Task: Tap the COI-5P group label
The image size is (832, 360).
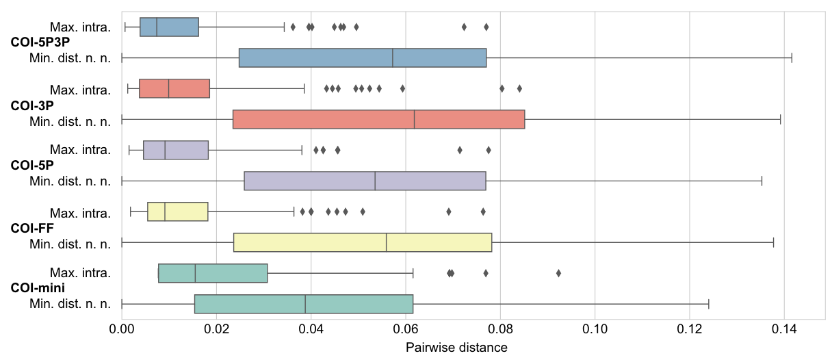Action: (32, 166)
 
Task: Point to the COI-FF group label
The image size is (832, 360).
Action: (32, 227)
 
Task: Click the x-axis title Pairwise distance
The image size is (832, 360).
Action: (456, 348)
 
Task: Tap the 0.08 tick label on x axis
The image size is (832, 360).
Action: (500, 329)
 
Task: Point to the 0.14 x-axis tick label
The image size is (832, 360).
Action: (784, 329)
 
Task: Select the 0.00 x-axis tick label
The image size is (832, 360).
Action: (122, 329)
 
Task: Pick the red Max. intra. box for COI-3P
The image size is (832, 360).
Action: (174, 88)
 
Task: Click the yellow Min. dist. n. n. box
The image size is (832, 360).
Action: (363, 242)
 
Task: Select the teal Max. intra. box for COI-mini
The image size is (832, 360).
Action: (213, 273)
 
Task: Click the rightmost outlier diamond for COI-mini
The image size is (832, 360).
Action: (558, 273)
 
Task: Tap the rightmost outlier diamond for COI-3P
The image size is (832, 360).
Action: (519, 88)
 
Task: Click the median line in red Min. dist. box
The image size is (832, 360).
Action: (415, 119)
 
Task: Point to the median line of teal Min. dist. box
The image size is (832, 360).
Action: (305, 304)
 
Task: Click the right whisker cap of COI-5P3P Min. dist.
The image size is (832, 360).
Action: (792, 58)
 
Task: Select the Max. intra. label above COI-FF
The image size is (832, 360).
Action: (80, 212)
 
